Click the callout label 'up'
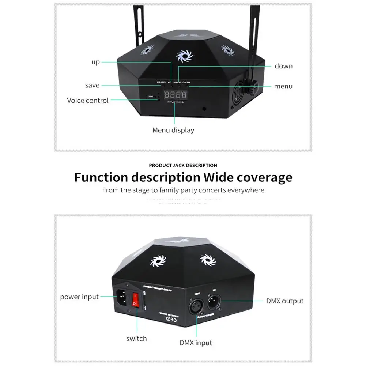95,62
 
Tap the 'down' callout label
284,66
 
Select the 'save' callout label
92,85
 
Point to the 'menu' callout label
283,87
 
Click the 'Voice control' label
88,101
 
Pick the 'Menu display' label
173,130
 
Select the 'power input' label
79,297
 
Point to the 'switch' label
136,339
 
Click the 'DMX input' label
196,343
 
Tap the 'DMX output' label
285,301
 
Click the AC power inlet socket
123,297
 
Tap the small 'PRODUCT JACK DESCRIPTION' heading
183,165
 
